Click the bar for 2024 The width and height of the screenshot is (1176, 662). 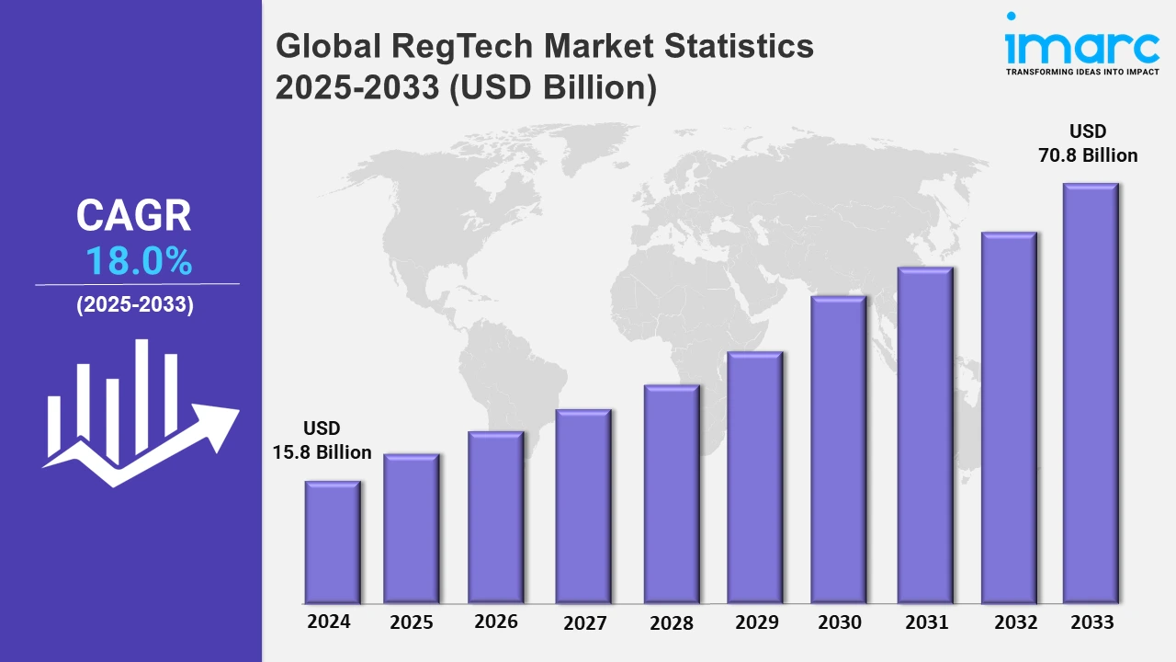[x=333, y=542]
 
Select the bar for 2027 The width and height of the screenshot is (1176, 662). [x=583, y=506]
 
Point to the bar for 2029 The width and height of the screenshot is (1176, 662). [x=754, y=477]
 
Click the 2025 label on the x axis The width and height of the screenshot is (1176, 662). [x=412, y=622]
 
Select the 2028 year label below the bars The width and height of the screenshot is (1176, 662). [x=672, y=622]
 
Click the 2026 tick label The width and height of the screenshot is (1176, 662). [x=496, y=622]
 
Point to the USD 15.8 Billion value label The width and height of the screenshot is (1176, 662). [x=322, y=440]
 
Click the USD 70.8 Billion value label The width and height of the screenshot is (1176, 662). [x=1088, y=143]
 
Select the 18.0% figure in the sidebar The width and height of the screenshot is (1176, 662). [x=139, y=263]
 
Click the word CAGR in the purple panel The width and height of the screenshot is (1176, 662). [x=134, y=216]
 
